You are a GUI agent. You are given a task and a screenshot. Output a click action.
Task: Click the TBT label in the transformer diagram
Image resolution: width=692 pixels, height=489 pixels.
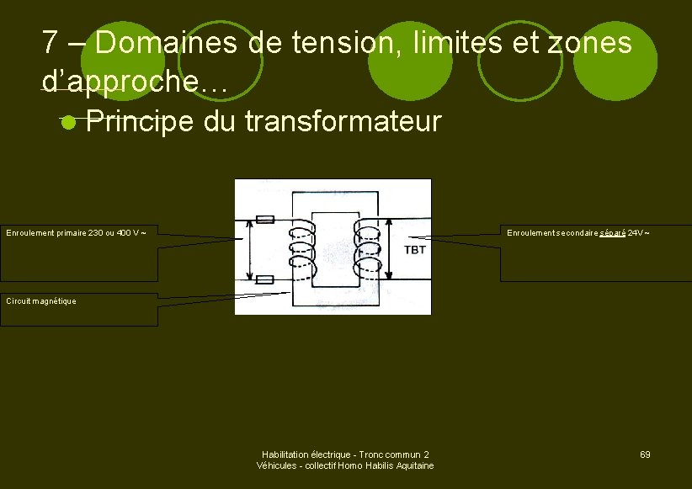pos(415,250)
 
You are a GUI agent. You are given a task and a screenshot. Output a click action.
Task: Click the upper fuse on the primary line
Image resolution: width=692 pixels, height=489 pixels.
pos(264,221)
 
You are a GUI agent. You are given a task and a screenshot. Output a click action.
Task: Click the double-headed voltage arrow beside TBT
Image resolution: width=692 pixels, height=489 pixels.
pos(392,250)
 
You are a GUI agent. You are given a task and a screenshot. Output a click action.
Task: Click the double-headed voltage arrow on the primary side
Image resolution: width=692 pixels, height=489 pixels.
pos(250,250)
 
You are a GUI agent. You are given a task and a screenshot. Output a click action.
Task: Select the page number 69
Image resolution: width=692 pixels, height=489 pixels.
pos(645,454)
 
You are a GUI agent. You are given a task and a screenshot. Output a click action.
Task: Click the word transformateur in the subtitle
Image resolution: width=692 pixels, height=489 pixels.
pos(343,123)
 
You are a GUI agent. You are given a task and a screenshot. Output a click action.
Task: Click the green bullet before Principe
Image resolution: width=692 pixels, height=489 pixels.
pos(69,123)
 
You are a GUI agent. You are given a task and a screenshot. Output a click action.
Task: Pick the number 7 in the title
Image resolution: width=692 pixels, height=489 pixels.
pos(50,42)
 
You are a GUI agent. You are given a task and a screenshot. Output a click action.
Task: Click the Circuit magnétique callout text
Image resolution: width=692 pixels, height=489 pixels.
pos(41,300)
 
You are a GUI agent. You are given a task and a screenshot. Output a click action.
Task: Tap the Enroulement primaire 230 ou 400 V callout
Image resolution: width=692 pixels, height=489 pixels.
pos(77,232)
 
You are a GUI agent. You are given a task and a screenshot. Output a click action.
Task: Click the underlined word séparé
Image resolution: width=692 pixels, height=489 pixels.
pos(613,232)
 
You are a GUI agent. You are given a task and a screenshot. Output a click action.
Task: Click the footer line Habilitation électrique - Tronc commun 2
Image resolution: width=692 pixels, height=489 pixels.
pos(345,454)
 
